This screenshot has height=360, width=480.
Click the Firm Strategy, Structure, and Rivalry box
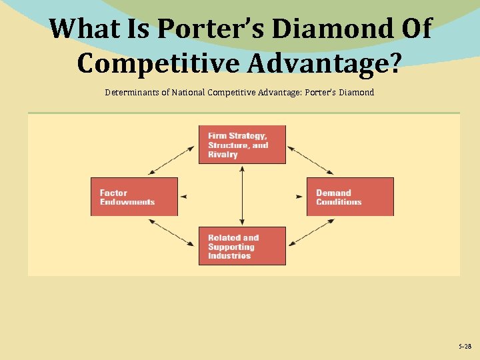coord(242,145)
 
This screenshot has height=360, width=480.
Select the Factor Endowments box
coord(134,197)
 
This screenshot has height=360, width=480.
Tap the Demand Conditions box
coord(350,197)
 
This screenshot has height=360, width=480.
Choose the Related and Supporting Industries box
coord(242,246)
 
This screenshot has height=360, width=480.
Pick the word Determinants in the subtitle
coord(130,92)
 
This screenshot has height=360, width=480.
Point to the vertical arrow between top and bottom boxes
coord(242,195)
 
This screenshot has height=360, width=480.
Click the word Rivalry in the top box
coord(223,155)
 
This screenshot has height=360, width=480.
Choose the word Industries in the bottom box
coord(229,255)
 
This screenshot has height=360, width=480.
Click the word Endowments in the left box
coord(127,202)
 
